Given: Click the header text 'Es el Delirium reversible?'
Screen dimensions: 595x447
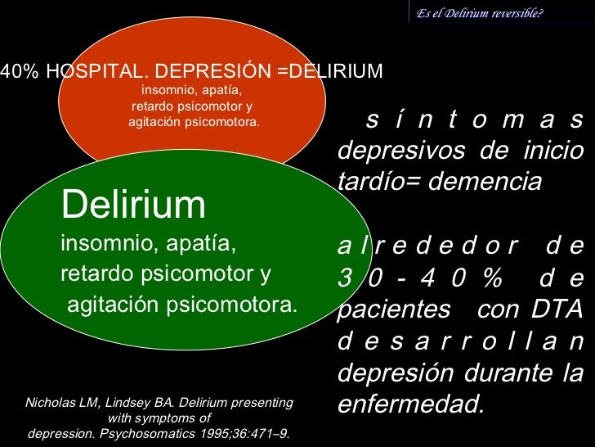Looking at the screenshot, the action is (479, 12).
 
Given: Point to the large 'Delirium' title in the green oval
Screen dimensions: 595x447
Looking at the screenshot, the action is (133, 205).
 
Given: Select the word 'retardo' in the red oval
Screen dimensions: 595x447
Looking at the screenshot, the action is (153, 106).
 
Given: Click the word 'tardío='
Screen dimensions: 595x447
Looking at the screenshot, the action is (379, 182).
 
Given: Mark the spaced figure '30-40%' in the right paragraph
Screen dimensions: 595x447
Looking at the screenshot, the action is (420, 278).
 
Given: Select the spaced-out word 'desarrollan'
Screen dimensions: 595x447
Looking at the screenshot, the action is (460, 341).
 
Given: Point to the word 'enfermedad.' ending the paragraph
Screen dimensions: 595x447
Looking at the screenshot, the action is (410, 404).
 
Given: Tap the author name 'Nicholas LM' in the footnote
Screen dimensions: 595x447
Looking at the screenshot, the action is (62, 403).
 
